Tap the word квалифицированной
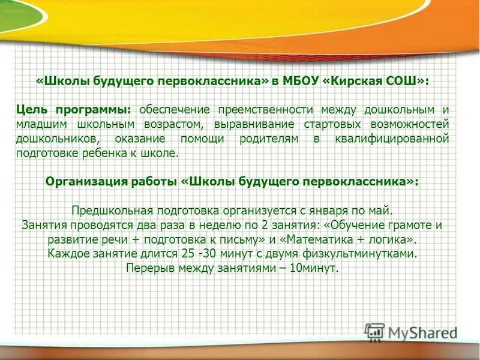(394, 139)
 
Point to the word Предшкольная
(113, 211)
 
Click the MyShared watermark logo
(410, 331)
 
